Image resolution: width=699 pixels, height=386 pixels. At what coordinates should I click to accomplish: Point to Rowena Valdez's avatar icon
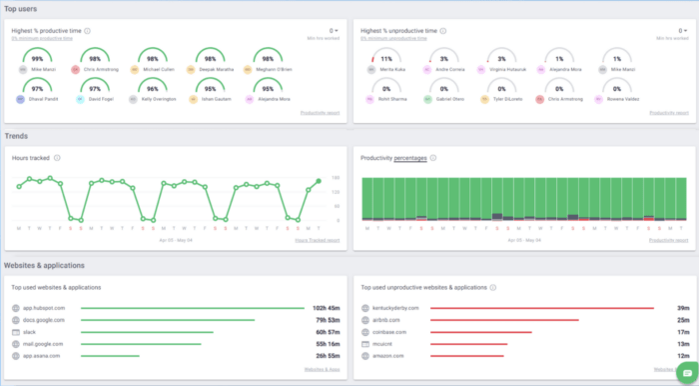[600, 99]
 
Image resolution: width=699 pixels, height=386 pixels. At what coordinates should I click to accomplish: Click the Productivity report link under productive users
[320, 113]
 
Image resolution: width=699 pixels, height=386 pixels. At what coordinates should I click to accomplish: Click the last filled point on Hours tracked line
[319, 181]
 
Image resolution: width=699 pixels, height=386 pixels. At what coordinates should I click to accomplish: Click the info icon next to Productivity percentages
[432, 157]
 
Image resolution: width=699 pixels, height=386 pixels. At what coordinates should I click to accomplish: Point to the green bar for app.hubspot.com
[190, 308]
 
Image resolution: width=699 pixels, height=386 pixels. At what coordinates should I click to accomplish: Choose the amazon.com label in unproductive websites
[389, 355]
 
